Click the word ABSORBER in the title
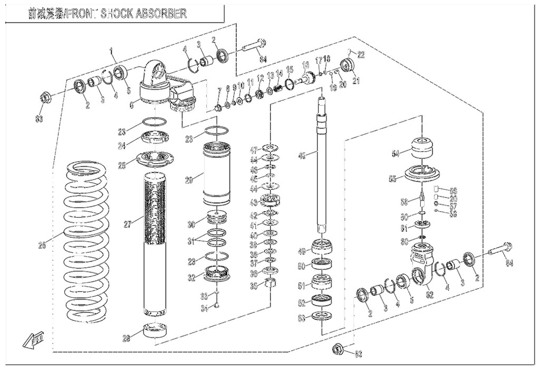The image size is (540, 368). pos(158,14)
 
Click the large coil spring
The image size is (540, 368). pos(87,243)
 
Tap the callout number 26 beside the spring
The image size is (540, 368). pos(42,244)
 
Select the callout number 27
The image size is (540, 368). pos(127,224)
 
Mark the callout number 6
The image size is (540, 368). pos(131,105)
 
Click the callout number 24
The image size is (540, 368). pos(121,145)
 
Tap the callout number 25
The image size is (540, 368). pos(122,166)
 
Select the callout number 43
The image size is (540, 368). pos(254,202)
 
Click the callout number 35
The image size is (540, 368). pos(254,286)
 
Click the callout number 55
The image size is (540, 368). pos(392,179)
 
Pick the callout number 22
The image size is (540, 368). pos(361,54)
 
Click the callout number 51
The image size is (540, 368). pos(301,286)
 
